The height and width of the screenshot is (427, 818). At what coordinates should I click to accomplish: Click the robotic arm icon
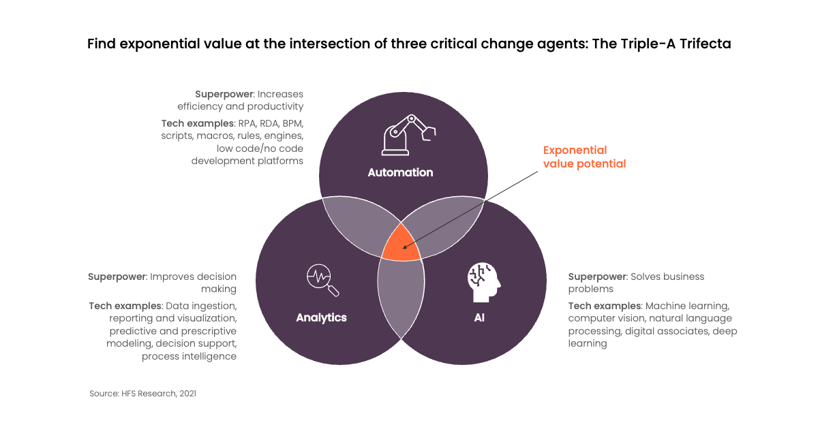pyautogui.click(x=408, y=135)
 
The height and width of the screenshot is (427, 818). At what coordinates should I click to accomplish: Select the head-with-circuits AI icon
pyautogui.click(x=484, y=283)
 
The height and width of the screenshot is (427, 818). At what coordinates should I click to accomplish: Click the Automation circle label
pyautogui.click(x=400, y=172)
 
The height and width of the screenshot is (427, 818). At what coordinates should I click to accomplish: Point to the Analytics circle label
pyautogui.click(x=321, y=317)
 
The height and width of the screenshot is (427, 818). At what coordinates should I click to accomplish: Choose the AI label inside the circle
pyautogui.click(x=479, y=317)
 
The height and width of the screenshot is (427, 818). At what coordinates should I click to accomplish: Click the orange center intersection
pyautogui.click(x=402, y=245)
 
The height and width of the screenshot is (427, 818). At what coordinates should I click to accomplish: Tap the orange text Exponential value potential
pyautogui.click(x=584, y=157)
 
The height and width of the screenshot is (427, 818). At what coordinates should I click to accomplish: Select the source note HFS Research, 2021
pyautogui.click(x=142, y=394)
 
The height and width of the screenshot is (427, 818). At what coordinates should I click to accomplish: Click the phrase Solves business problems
pyautogui.click(x=636, y=283)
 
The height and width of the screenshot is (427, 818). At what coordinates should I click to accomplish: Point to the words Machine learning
pyautogui.click(x=687, y=306)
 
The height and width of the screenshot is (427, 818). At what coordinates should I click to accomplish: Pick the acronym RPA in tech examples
pyautogui.click(x=247, y=123)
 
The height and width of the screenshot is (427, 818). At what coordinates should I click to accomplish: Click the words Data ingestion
pyautogui.click(x=201, y=306)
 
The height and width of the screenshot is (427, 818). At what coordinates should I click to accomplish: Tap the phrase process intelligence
pyautogui.click(x=190, y=356)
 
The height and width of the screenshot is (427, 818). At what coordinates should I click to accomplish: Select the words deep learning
pyautogui.click(x=653, y=337)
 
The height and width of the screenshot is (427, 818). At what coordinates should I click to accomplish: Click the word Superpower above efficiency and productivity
pyautogui.click(x=224, y=94)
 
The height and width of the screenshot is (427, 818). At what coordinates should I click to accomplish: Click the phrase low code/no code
pyautogui.click(x=260, y=148)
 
